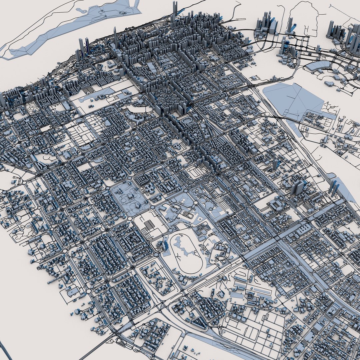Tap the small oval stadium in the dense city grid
tap(187, 120)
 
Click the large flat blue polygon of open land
tap(293, 100)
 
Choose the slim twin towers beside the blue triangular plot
tap(334, 188)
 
